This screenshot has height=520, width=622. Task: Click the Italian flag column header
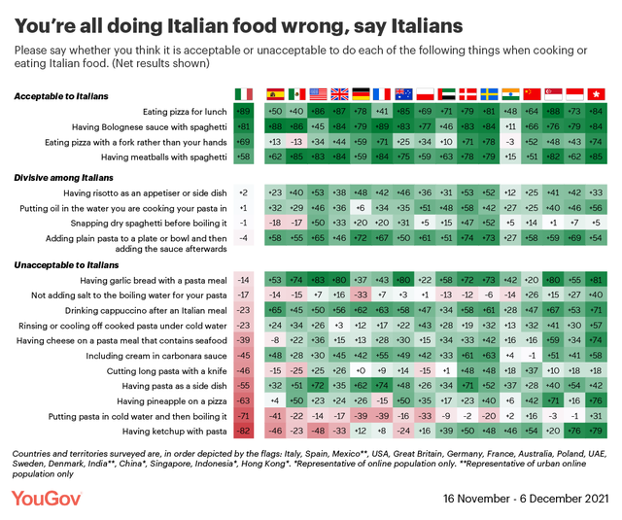coord(243,93)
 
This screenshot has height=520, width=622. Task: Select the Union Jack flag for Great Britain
coord(339,93)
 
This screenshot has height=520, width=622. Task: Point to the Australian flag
coord(403,93)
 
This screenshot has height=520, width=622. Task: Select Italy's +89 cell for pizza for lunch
coord(243,113)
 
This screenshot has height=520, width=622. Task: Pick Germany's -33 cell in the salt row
coord(362,295)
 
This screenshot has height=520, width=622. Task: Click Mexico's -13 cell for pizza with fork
coord(296,142)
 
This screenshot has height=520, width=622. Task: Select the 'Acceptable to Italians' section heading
coord(61,96)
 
